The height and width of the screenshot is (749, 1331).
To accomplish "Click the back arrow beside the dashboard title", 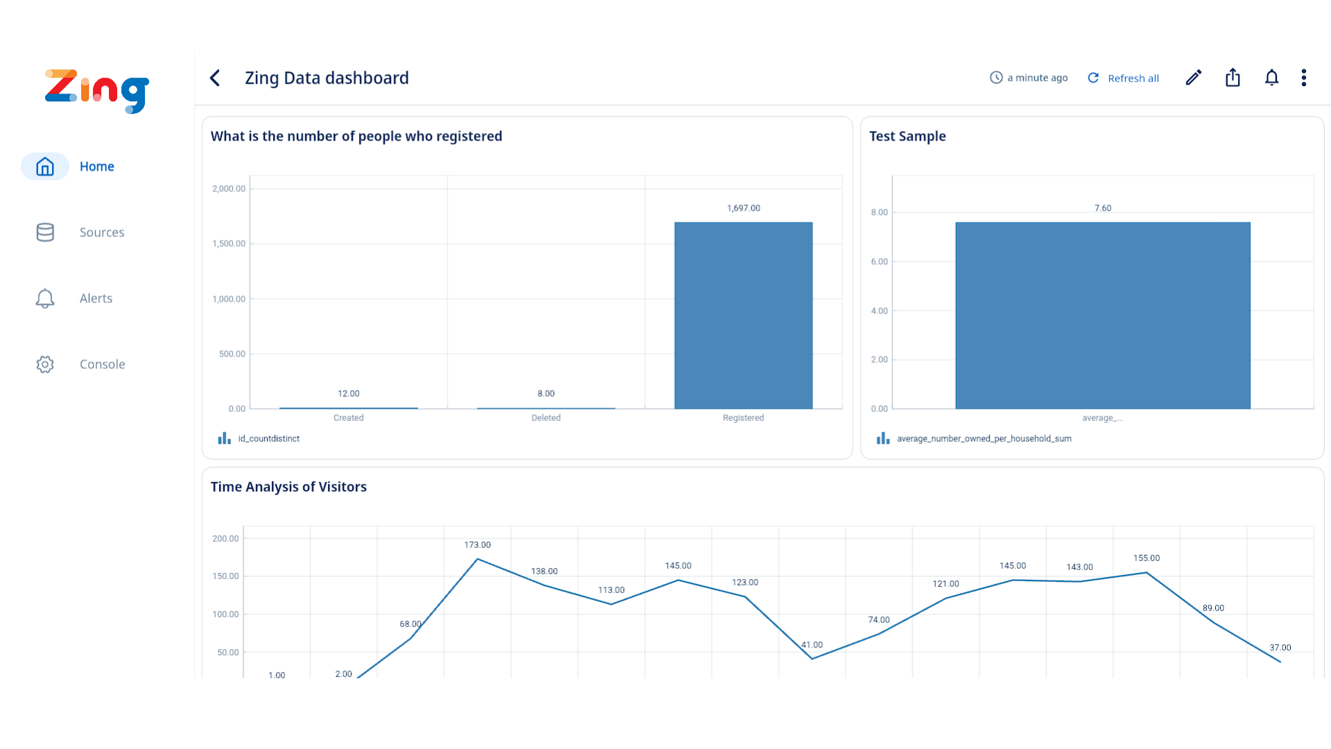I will pos(215,78).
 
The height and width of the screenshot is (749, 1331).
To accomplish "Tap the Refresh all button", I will pos(1123,78).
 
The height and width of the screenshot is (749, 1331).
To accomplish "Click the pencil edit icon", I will pos(1193,78).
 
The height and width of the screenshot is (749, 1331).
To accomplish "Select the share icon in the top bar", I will pos(1233,78).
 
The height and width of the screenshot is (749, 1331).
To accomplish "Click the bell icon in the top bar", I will pos(1271,78).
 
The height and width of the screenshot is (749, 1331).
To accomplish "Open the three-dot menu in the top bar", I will pos(1304,78).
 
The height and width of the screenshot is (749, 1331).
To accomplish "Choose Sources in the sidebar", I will pos(101,232).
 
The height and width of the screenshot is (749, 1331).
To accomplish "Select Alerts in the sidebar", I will pos(96,298).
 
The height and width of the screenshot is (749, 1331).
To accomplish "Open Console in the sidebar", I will pos(102,364).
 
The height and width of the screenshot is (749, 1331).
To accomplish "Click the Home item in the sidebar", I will pos(96,166).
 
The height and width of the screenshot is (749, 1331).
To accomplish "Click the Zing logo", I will pos(97,91).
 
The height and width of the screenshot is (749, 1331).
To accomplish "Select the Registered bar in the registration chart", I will pos(743,316).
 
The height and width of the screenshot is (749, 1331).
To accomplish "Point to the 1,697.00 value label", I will pos(743,208).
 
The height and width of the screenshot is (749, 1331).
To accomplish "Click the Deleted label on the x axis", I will pos(546,417).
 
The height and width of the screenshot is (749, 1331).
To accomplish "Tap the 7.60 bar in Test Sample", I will pos(1102,316).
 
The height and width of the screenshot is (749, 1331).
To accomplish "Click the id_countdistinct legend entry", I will pos(268,438).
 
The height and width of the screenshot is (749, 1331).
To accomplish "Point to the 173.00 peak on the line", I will pos(477,559).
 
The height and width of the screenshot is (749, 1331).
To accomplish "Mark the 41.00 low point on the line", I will pos(812,658).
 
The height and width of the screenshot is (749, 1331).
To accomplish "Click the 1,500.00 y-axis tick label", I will pos(229,243).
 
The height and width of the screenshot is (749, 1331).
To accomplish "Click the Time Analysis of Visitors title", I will pos(288,487).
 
